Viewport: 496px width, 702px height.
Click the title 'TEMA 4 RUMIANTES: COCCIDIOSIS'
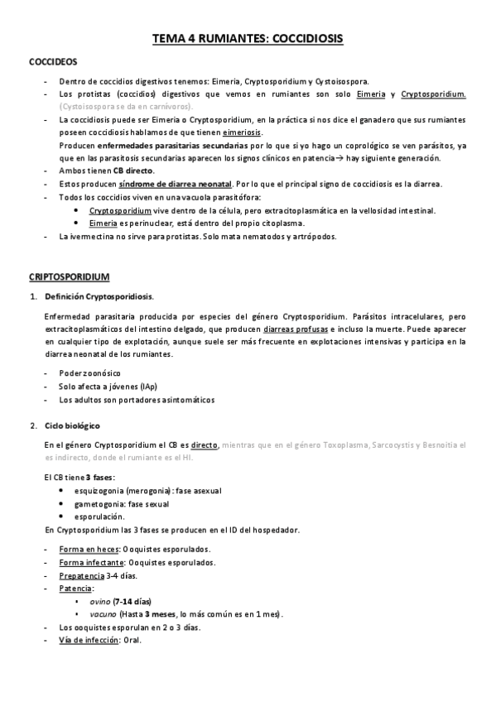pos(248,39)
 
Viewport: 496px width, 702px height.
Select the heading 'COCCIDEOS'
pos(54,62)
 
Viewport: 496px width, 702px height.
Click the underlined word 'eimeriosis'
pos(242,132)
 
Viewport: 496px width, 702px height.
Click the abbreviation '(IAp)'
pos(149,387)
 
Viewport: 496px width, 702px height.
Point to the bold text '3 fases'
pos(99,478)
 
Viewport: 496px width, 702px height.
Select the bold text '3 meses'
pos(157,614)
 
